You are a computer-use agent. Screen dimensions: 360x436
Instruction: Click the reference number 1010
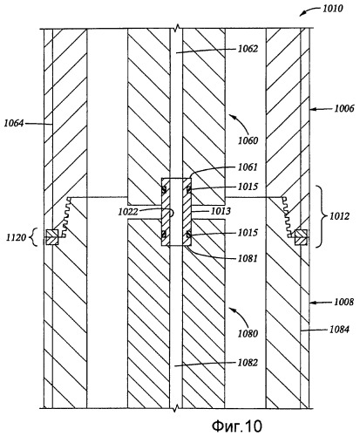(x=333, y=9)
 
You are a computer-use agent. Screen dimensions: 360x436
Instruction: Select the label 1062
(x=248, y=49)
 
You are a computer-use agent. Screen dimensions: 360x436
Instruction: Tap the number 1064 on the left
(x=14, y=123)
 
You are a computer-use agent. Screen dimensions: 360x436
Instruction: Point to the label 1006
(x=344, y=109)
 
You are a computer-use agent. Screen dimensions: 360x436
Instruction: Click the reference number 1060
(x=248, y=140)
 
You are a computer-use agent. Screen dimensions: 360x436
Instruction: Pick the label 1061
(x=248, y=167)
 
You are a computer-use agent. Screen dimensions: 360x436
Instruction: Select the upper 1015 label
(x=248, y=187)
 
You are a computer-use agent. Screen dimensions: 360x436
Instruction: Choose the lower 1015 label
(x=248, y=233)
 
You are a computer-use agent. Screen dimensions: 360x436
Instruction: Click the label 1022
(x=128, y=212)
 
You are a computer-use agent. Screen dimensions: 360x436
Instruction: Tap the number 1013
(x=221, y=211)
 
